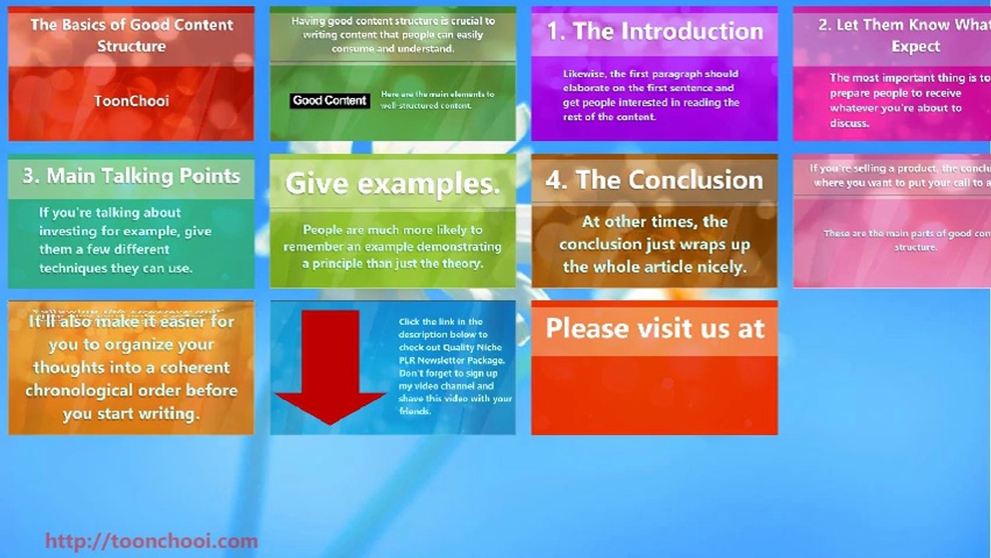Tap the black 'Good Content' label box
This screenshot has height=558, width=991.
tap(330, 101)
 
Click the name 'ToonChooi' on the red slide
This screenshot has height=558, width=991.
tap(131, 101)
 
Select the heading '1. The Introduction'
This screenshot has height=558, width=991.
tap(654, 31)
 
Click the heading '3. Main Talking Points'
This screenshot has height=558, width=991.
tap(131, 176)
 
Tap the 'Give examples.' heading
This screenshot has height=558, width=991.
tap(392, 184)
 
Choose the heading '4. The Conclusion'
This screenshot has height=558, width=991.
tap(654, 180)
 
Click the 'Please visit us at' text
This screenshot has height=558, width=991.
tap(654, 329)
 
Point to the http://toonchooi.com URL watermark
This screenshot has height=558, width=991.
tap(151, 541)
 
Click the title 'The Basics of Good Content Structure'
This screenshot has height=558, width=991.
tap(131, 35)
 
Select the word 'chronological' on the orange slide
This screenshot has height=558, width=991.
tap(74, 391)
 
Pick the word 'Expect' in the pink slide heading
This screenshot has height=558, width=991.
tap(915, 46)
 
